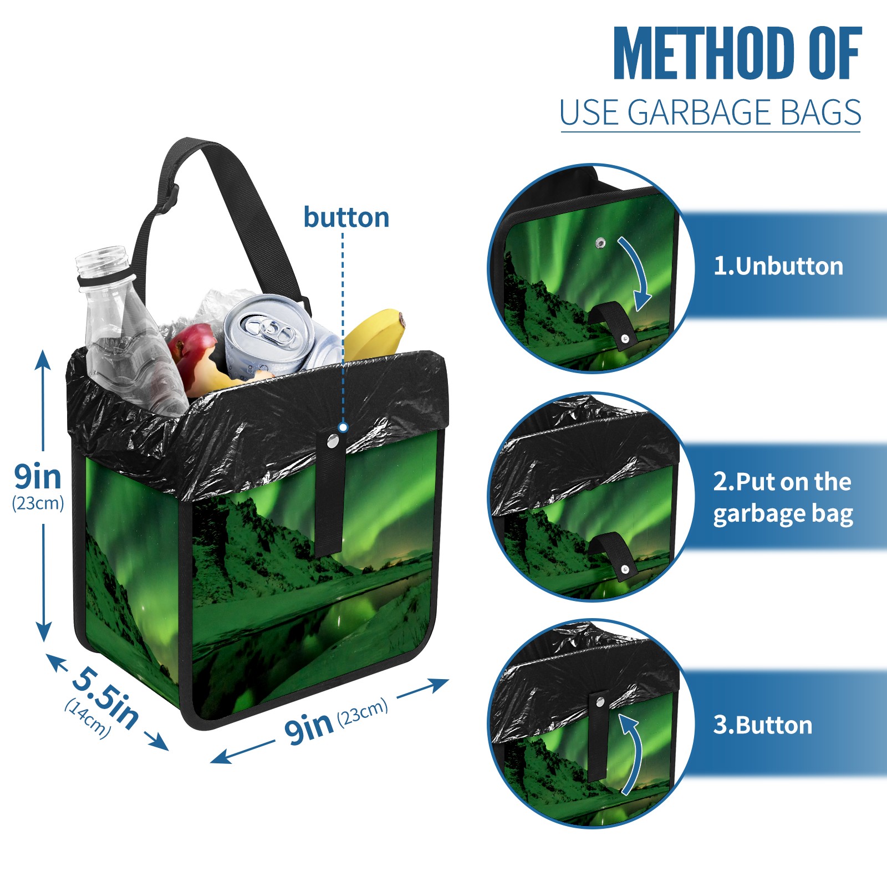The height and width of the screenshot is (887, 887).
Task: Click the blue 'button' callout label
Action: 346,217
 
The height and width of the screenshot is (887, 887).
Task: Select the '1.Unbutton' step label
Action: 778,266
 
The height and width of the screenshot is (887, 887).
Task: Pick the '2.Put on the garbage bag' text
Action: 783,498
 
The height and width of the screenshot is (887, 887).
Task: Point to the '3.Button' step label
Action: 763,725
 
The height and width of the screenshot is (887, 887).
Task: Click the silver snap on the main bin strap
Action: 333,441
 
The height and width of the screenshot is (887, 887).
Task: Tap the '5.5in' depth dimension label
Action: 105,697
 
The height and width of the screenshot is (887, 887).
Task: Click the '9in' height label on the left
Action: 38,477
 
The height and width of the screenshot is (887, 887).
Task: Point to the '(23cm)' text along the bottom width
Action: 363,713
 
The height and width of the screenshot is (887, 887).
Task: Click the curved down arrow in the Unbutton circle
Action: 636,273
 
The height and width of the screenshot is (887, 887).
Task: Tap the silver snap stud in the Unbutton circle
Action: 600,243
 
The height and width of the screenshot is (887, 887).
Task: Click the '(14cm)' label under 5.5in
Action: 88,718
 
